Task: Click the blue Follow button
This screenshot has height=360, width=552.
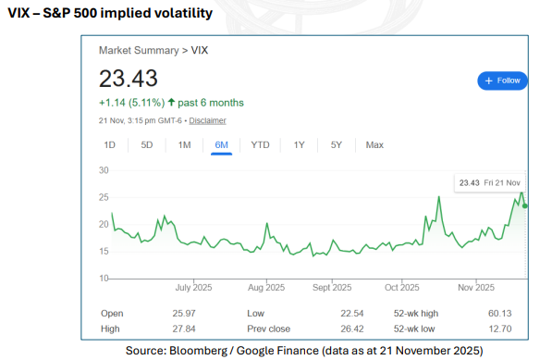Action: pos(502,81)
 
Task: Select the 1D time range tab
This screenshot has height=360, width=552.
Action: pos(109,144)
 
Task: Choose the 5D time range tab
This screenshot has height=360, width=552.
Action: pos(146,144)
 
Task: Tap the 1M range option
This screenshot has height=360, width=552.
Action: pos(184,144)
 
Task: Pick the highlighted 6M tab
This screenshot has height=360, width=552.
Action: pos(221,144)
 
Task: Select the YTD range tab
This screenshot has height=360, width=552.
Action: pos(260,144)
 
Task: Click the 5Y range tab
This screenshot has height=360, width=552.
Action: pos(337,144)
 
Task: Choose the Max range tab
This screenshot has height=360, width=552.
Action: pos(374,144)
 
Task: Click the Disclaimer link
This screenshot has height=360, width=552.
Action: pos(208,120)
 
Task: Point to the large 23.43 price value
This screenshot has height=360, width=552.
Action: pos(129,78)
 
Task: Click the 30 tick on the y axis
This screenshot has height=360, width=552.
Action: pos(104,170)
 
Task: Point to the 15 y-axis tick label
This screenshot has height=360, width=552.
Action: pos(104,251)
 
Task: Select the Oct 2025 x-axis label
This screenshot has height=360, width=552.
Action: pos(403,287)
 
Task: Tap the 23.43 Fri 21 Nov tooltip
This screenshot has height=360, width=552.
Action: pos(490,183)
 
